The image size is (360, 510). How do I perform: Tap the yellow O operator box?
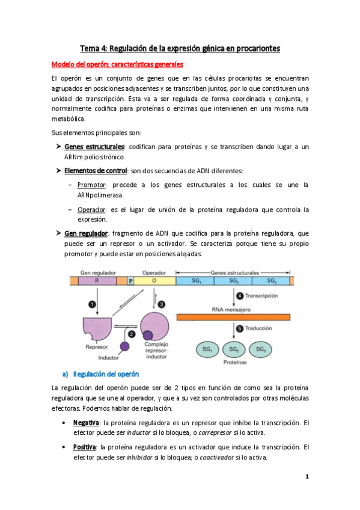[x=154, y=280]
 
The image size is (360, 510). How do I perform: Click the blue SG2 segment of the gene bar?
[x=233, y=280]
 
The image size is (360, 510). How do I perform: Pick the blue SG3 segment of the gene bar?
[x=271, y=280]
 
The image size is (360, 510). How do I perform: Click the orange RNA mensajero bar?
[x=233, y=316]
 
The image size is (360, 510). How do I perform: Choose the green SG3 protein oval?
[x=260, y=349]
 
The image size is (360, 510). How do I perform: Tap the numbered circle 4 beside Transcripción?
[x=239, y=295]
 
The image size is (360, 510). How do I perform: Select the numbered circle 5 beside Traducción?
[x=239, y=328]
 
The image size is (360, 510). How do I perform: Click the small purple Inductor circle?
[x=124, y=346]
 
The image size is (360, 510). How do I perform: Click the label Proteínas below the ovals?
[x=234, y=363]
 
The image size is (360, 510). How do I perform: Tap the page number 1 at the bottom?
[x=307, y=476]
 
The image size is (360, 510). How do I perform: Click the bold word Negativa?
[x=86, y=423]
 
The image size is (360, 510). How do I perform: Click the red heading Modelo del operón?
[x=117, y=64]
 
